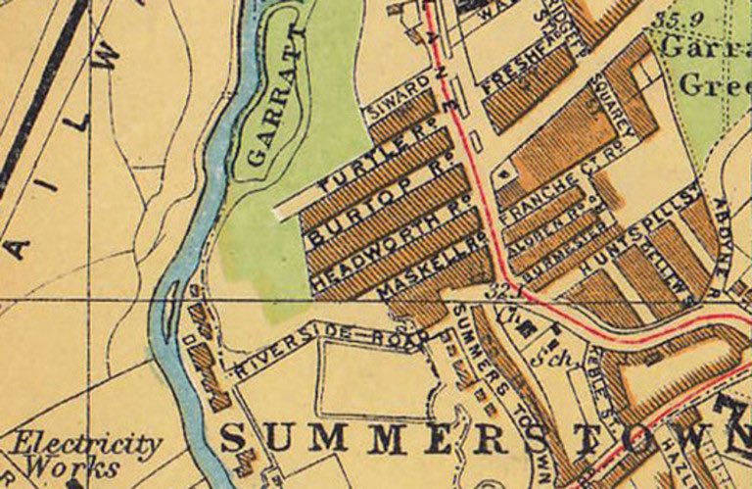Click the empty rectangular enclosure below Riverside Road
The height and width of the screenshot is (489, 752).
pyautogui.click(x=373, y=381)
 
